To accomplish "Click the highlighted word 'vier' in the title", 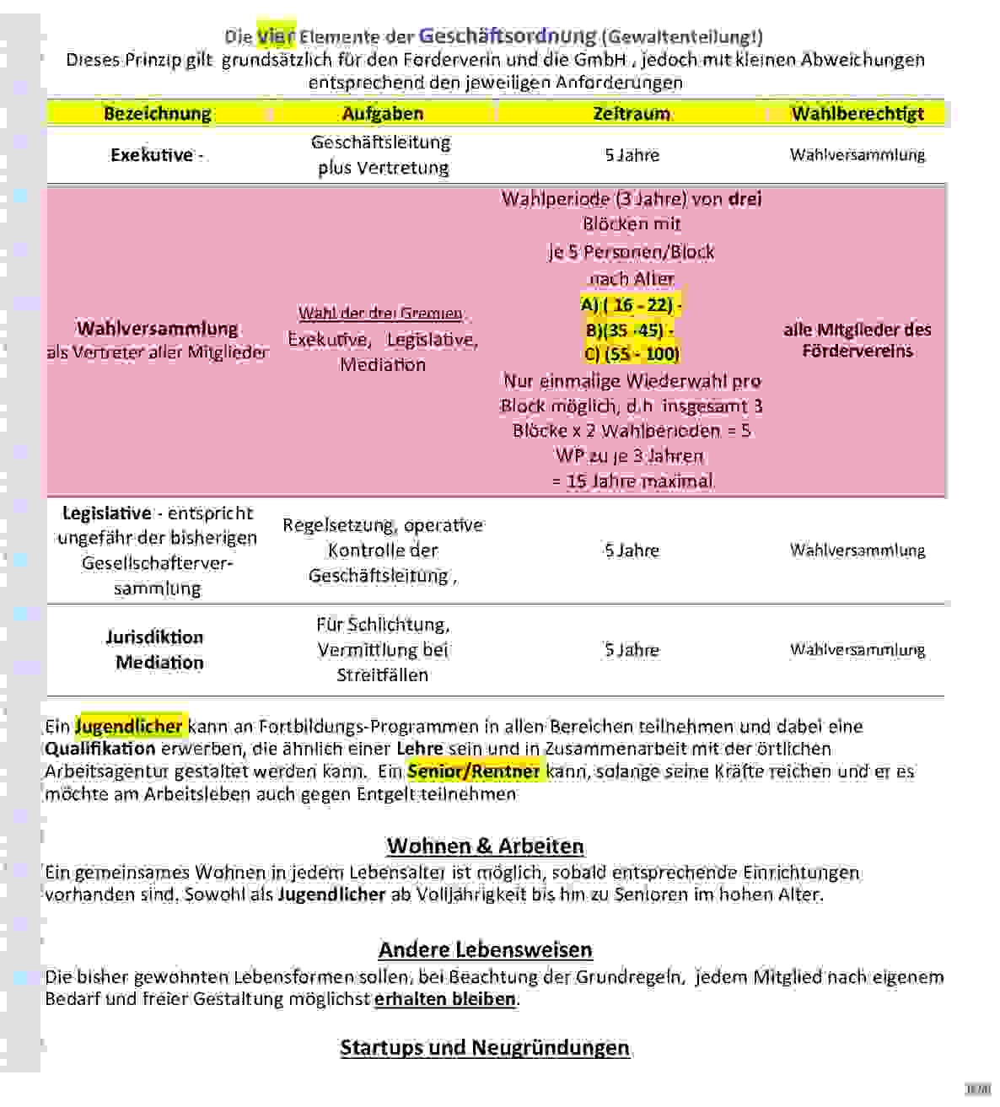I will pyautogui.click(x=276, y=36).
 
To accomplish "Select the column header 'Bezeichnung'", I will pyautogui.click(x=157, y=113).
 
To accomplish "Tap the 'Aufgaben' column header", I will pyautogui.click(x=383, y=113).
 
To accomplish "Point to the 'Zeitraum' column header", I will pyautogui.click(x=632, y=113).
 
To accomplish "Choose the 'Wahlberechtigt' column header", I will pyautogui.click(x=858, y=113).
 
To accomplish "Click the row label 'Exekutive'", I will pyautogui.click(x=152, y=155).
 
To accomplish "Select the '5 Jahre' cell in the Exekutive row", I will pyautogui.click(x=632, y=155).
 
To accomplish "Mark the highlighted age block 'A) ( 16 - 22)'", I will pyautogui.click(x=631, y=304).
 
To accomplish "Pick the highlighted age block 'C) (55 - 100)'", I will pyautogui.click(x=632, y=353).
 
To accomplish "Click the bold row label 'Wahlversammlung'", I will pyautogui.click(x=158, y=329).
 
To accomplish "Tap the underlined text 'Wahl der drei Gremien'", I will pyautogui.click(x=381, y=314).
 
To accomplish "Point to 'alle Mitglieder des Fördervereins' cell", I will pyautogui.click(x=858, y=340).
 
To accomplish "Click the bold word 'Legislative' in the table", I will pyautogui.click(x=107, y=513).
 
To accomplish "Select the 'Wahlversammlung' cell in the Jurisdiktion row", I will pyautogui.click(x=858, y=649).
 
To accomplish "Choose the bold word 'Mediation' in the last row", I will pyautogui.click(x=159, y=663).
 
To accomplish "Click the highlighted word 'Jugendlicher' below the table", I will pyautogui.click(x=129, y=726).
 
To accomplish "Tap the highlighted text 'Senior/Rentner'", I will pyautogui.click(x=474, y=771).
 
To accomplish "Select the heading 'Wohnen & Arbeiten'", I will pyautogui.click(x=486, y=846).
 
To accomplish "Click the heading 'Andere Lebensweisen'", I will pyautogui.click(x=486, y=949).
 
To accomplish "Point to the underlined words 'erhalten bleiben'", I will pyautogui.click(x=445, y=999).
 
